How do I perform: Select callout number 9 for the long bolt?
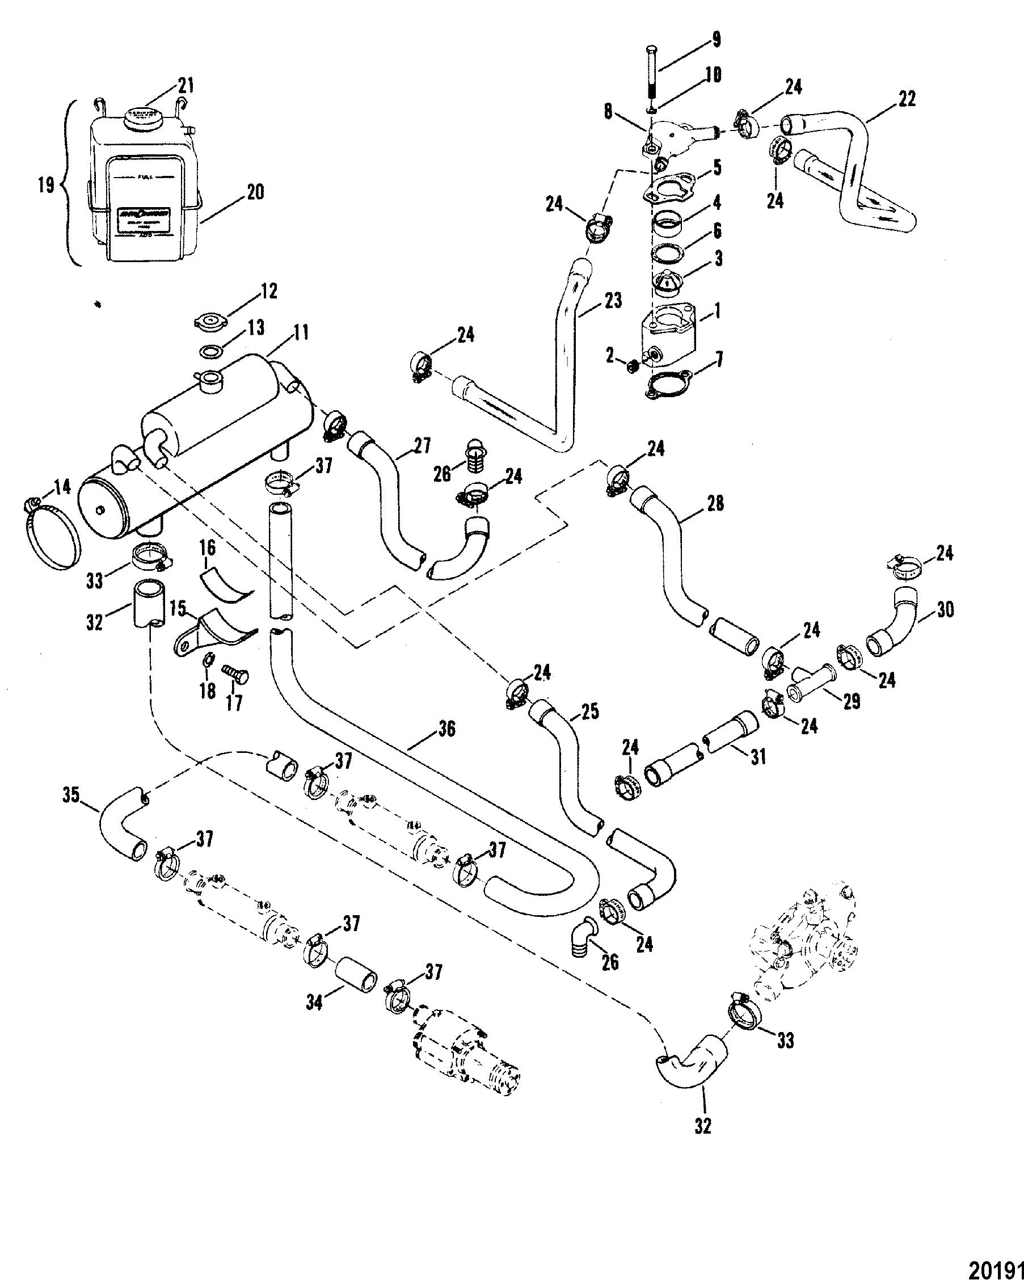(717, 40)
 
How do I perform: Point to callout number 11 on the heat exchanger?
(300, 333)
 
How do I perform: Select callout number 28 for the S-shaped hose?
(716, 503)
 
